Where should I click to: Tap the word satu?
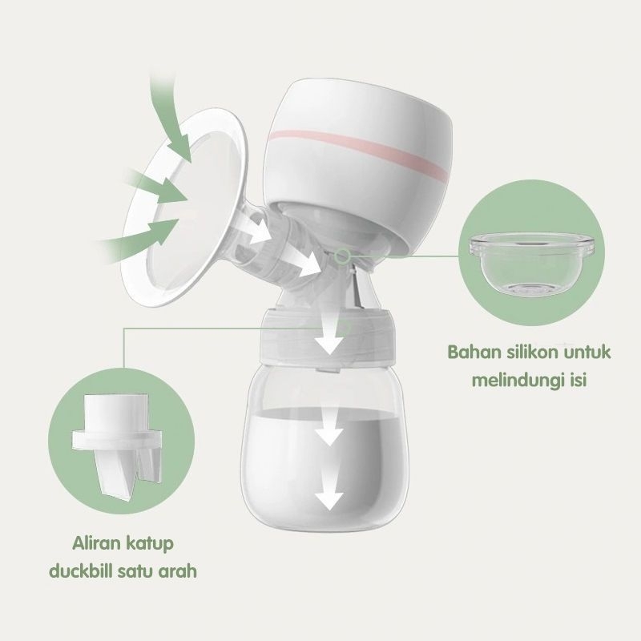[138, 574]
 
